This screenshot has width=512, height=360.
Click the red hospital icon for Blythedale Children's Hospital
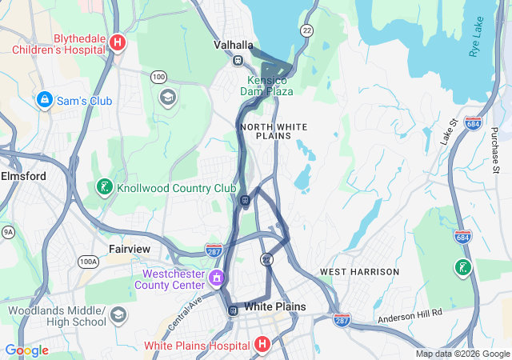118,42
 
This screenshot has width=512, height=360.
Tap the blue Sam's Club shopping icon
45,100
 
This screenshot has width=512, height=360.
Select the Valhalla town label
234,45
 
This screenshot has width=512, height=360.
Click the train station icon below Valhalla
238,60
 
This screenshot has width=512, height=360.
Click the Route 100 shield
158,76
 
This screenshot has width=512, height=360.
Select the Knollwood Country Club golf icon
103,187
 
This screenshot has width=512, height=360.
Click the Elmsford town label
23,175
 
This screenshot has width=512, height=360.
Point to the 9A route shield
8,232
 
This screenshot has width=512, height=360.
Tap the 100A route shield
88,261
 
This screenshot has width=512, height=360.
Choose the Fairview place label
129,249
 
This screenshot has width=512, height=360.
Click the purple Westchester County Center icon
215,278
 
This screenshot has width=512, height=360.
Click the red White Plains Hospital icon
262,345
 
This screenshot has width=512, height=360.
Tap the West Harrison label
359,272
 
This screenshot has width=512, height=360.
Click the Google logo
26,350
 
